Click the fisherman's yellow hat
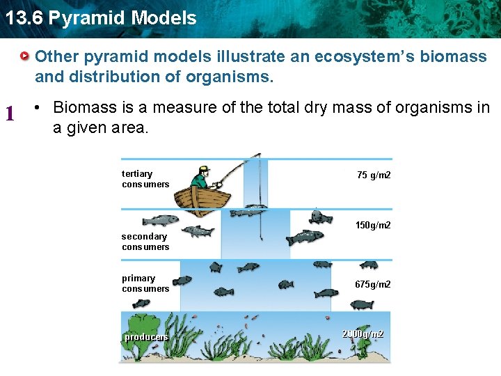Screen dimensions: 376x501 202,169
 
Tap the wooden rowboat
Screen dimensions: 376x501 202,198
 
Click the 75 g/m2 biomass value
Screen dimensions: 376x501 374,175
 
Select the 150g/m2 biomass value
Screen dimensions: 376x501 373,225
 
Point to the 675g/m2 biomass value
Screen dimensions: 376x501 373,284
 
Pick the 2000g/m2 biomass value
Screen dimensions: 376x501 363,334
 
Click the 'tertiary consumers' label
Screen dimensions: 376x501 145,179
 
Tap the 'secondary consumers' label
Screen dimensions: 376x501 145,242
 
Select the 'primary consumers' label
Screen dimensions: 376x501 145,283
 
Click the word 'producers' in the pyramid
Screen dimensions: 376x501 146,337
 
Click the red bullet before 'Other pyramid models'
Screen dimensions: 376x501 25,55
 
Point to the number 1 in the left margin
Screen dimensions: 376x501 10,112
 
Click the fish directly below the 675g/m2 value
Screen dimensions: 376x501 362,304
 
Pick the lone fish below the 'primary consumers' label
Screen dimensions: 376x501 141,304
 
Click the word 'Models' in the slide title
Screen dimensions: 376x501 165,17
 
